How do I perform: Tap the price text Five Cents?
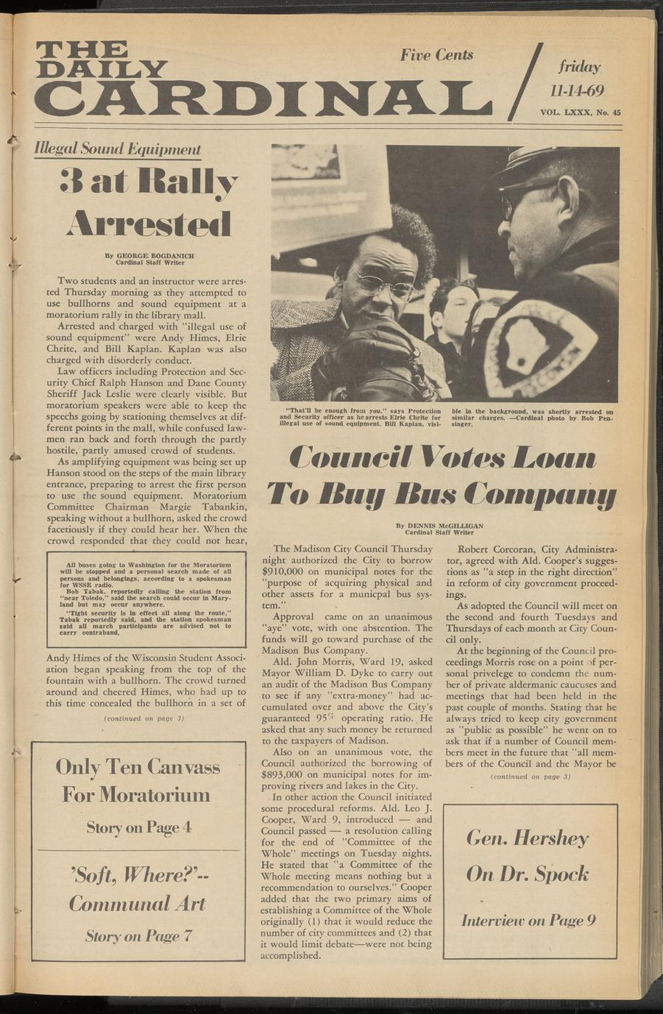[x=436, y=55]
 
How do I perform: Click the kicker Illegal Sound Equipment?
[x=118, y=149]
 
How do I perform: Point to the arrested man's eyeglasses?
[x=382, y=282]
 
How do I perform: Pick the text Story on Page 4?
[x=138, y=827]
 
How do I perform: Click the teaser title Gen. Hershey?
[x=527, y=838]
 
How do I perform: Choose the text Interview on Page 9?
[x=528, y=920]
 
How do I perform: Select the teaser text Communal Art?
[x=137, y=904]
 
